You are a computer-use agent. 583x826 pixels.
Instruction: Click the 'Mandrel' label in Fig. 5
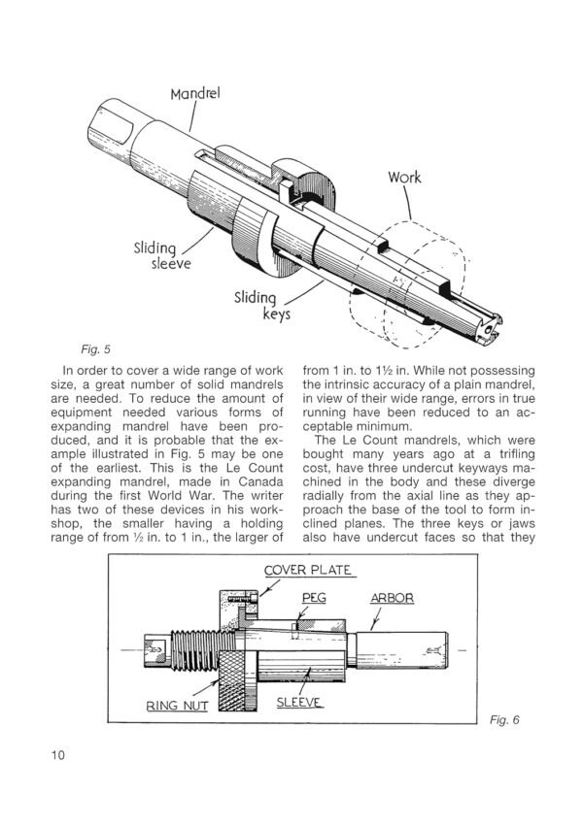tap(195, 94)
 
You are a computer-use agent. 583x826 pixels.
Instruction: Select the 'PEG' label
tap(316, 598)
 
